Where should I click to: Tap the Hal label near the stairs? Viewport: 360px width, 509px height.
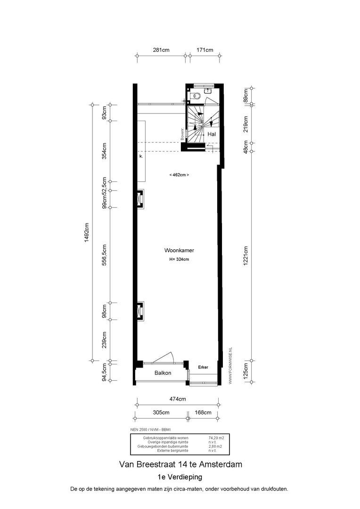[x=212, y=134]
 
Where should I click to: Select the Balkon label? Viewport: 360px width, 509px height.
[x=163, y=373]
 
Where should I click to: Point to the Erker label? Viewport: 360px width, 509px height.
[x=203, y=367]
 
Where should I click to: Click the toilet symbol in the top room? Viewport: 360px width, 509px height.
[x=196, y=96]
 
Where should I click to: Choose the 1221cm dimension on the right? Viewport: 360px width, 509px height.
[x=245, y=256]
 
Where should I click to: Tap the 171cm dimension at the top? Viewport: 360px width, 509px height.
[x=205, y=50]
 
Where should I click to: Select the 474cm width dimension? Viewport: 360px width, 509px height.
[x=178, y=399]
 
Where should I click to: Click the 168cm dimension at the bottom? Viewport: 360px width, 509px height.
[x=203, y=412]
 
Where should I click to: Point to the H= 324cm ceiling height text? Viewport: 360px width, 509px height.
[x=179, y=259]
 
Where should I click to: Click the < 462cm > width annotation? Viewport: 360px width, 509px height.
[x=179, y=175]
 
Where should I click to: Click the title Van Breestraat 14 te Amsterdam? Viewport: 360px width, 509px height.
[x=181, y=464]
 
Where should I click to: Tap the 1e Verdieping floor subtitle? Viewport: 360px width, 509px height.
[x=180, y=477]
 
